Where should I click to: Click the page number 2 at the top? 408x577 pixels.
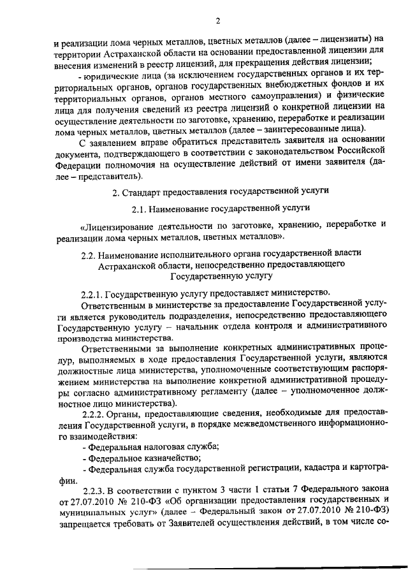coord(217,21)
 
